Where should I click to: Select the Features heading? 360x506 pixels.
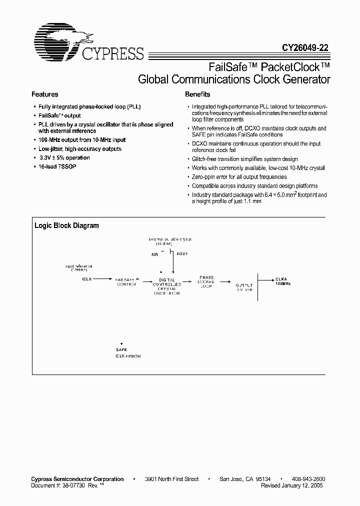point(45,94)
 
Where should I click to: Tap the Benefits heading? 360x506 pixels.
point(197,94)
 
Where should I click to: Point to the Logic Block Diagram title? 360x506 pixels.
point(66,225)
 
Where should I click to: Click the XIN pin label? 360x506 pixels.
point(155,254)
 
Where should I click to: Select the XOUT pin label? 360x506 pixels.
point(181,254)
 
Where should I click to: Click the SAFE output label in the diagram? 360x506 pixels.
point(121,349)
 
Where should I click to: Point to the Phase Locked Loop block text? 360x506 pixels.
point(206,281)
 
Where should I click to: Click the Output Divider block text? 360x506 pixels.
point(244,287)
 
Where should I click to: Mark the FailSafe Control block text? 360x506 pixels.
point(126,281)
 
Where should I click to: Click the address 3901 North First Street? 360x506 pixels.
point(175,479)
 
